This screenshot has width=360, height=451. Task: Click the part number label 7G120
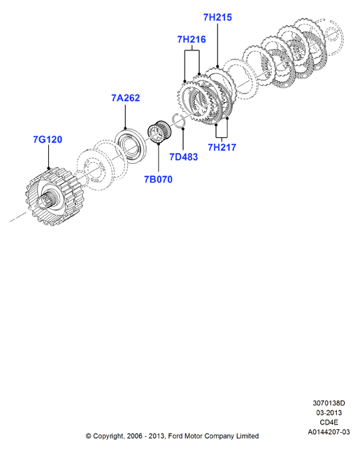coord(48,140)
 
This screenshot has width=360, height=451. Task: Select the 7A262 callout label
coord(125,98)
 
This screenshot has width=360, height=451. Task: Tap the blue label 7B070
coord(158,180)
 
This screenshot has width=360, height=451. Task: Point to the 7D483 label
coord(183,157)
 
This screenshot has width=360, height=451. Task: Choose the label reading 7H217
coord(222,148)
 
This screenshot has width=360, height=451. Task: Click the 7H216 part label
coord(192,39)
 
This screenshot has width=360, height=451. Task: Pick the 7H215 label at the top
coord(217,17)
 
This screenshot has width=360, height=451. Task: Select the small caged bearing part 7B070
coord(159,131)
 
